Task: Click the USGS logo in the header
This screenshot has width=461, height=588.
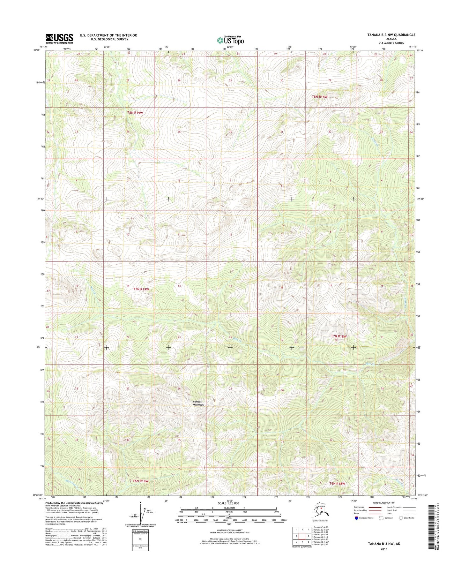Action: pos(59,39)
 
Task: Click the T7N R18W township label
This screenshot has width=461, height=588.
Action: pos(338,336)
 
